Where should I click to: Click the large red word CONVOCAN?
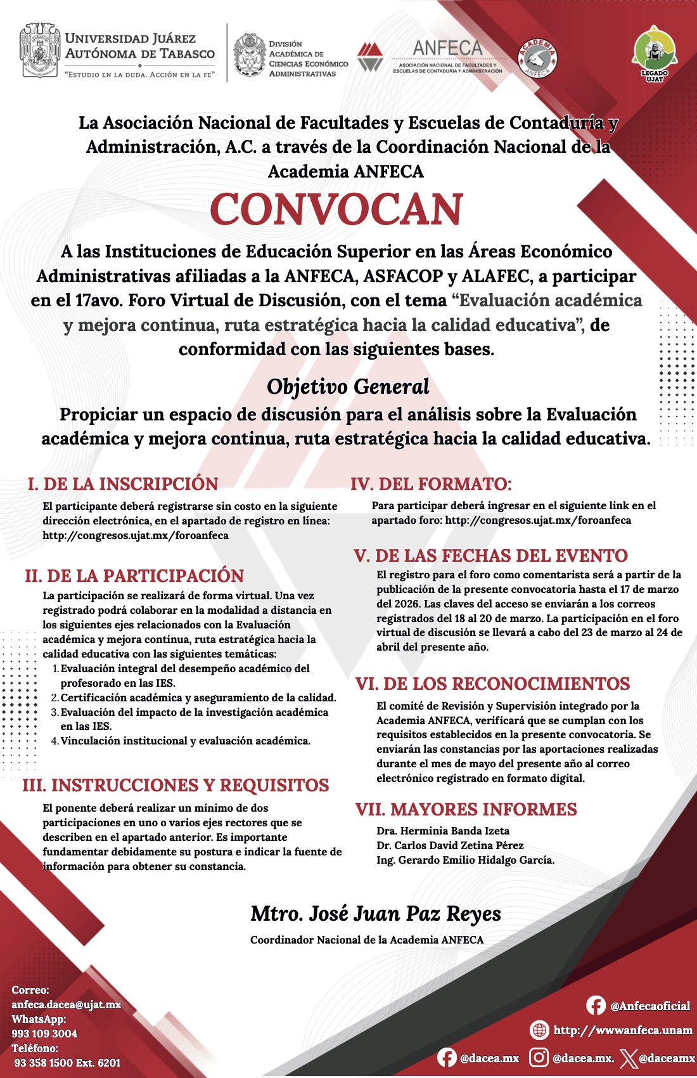tap(336, 209)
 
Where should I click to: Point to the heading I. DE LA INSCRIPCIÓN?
tap(123, 484)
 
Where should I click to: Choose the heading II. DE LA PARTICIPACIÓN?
tap(134, 576)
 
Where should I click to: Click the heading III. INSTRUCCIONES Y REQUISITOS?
tap(176, 785)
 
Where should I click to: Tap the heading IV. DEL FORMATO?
tap(431, 484)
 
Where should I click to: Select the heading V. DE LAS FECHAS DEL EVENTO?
tap(491, 555)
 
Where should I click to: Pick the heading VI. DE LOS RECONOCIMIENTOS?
tap(492, 684)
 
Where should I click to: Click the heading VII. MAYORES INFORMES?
tap(466, 809)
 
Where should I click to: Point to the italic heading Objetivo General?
tap(348, 386)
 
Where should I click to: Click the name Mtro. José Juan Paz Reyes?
tap(376, 914)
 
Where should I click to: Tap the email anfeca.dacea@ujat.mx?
tap(67, 1004)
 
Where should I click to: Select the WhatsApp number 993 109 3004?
tap(44, 1034)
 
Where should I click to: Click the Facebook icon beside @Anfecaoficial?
tap(596, 1006)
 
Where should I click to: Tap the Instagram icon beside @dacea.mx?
tap(539, 1058)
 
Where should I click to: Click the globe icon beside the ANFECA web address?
tap(539, 1030)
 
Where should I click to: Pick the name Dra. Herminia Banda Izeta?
tap(443, 831)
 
